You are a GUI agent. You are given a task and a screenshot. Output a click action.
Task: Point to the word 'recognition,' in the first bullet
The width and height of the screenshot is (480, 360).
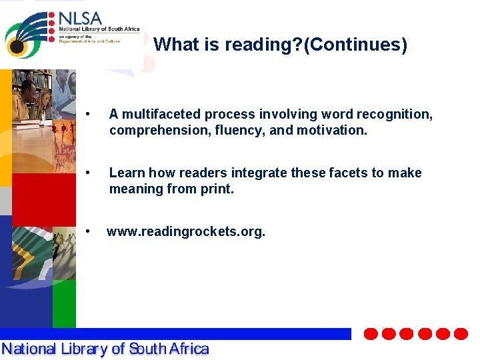(x=394, y=115)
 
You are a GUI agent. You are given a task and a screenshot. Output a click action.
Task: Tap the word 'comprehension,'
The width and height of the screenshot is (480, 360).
(x=160, y=131)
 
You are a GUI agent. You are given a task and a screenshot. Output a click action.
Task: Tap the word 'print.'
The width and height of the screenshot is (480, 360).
(x=217, y=189)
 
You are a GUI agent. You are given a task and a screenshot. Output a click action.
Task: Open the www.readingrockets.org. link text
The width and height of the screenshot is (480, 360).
(x=186, y=232)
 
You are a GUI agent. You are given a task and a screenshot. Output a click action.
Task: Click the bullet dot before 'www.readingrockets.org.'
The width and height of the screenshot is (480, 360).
(x=89, y=232)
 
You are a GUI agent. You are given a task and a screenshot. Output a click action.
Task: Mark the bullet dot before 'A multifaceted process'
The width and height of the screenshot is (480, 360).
(x=89, y=115)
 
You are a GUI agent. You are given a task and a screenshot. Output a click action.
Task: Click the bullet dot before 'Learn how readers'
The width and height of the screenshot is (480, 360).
(x=89, y=173)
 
